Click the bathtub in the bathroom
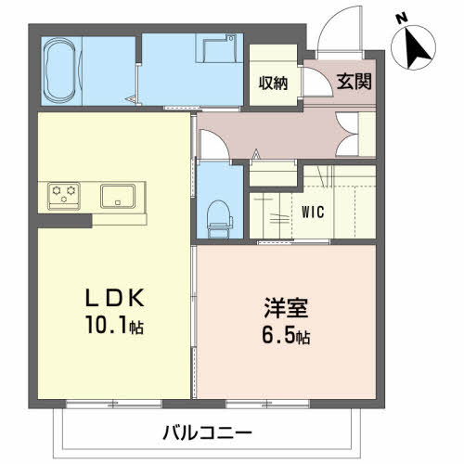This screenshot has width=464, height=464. coord(60,71)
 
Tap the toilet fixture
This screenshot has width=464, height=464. coord(220,219)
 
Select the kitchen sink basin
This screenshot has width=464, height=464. coord(118,196)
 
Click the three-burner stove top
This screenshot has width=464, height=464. coord(64,196)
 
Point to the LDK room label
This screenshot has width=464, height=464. coord(115,298)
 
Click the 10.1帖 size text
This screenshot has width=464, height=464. coord(115,326)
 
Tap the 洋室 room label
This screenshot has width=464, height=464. coord(286,308)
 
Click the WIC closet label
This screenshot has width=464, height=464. coord(313,213)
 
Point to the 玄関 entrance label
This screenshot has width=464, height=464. coord(354,82)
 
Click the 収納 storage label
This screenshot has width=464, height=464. coord(273,83)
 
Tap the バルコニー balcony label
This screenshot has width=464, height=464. coord(208,432)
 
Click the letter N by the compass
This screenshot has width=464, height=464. coord(402,19)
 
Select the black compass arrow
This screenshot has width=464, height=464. coord(417,48)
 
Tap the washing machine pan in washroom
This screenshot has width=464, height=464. coord(216,48)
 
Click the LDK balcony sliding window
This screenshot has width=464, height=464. coord(114,404)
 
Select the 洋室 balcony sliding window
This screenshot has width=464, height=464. coord(267,404)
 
